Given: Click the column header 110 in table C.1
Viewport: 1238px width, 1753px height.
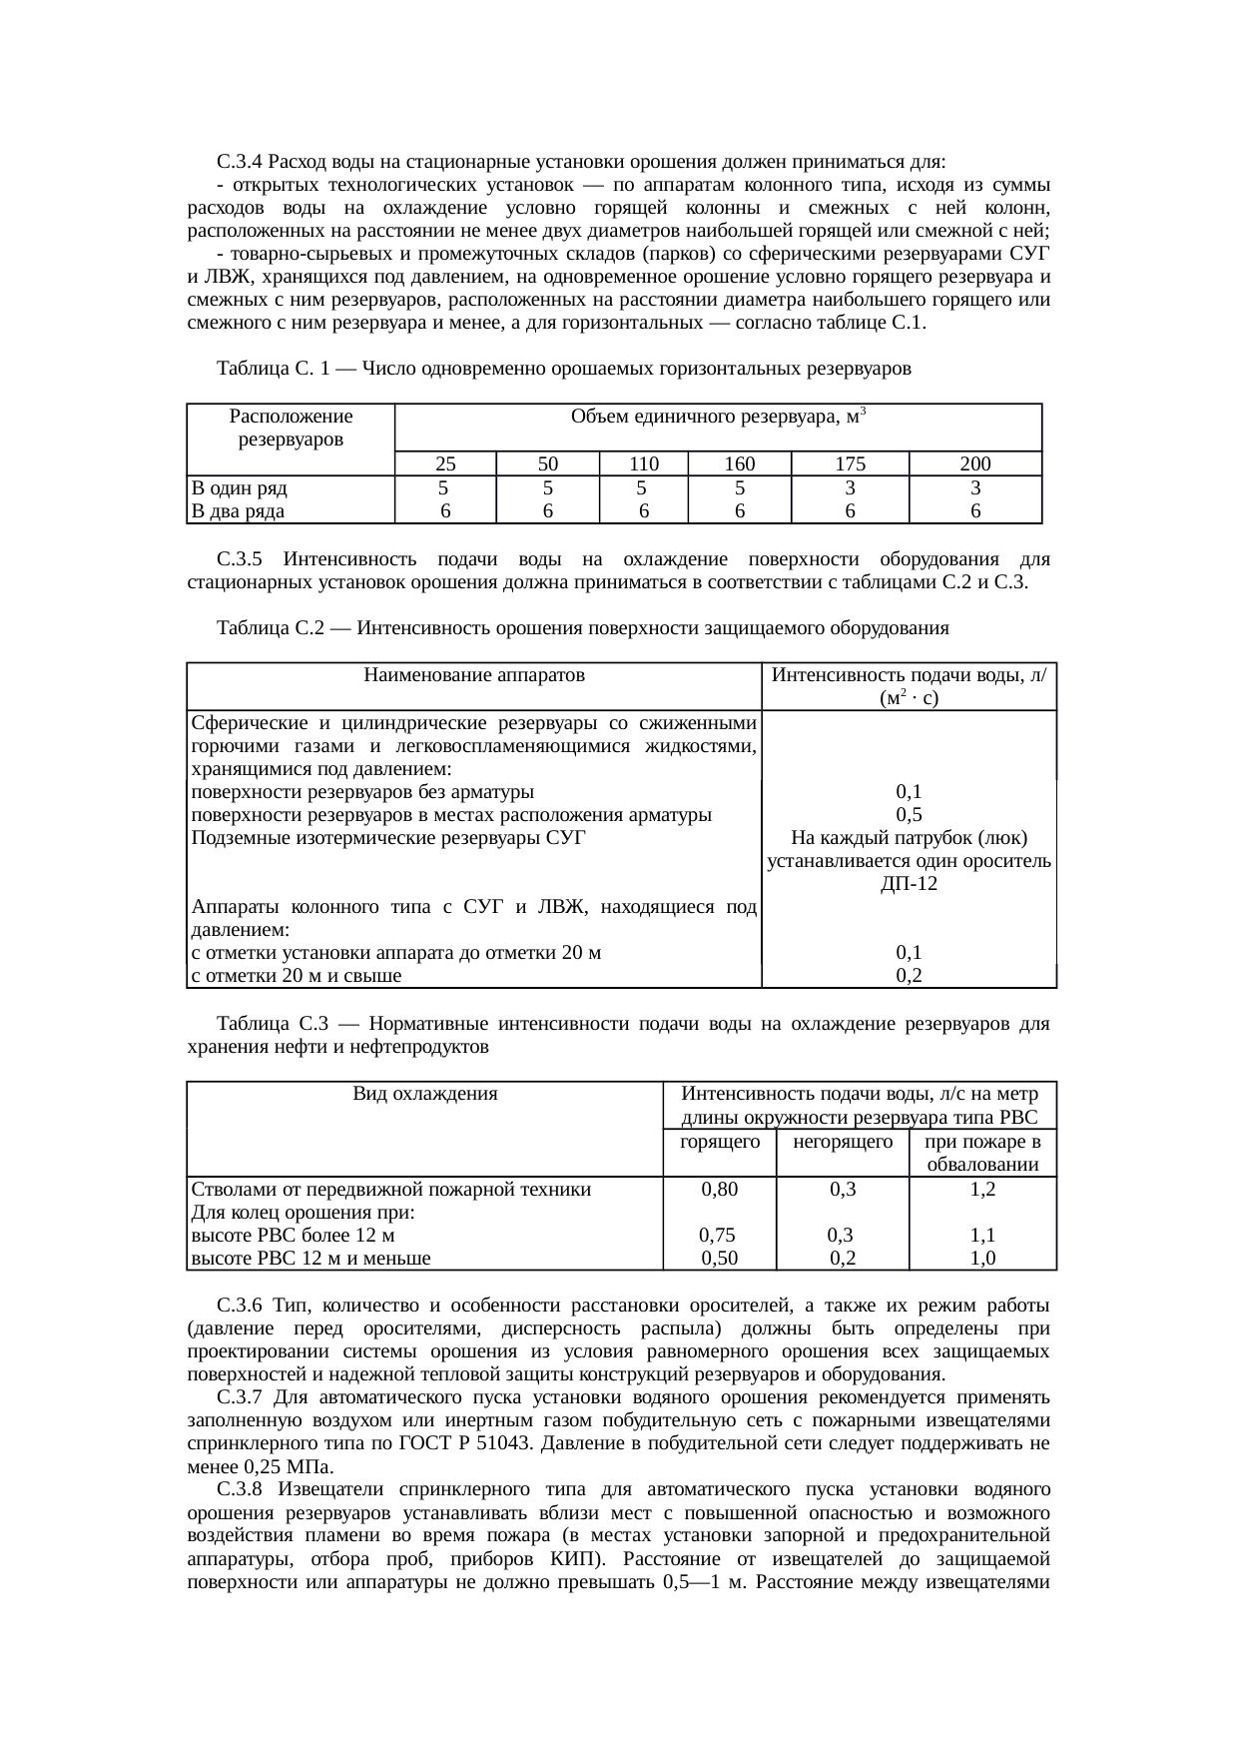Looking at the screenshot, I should coord(643,463).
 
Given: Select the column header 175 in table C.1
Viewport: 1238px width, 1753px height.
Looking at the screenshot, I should coord(850,463).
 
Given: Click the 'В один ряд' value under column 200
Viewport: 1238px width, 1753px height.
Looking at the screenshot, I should coord(974,488).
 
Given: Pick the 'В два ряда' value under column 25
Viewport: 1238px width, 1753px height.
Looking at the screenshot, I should coord(445,511).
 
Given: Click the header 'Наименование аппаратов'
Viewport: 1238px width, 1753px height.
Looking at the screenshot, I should coord(474,675).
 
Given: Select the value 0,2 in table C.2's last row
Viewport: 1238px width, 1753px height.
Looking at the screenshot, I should coord(909,976).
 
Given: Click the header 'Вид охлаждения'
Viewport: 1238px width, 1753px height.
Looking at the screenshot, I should coord(425,1094).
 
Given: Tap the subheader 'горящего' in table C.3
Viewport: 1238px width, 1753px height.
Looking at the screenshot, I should coord(719,1142).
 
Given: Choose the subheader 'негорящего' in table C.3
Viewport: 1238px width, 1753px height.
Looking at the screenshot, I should coord(842,1142).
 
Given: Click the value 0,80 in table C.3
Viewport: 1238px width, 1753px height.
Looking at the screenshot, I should coord(720,1190).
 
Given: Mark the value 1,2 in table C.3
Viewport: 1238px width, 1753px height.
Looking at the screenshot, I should coord(982,1190).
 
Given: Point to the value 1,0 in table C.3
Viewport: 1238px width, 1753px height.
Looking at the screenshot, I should coord(982,1259).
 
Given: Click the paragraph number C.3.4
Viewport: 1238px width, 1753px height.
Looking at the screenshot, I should coord(239,162).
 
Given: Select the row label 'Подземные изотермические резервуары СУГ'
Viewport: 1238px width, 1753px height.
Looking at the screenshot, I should coord(387,838).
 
